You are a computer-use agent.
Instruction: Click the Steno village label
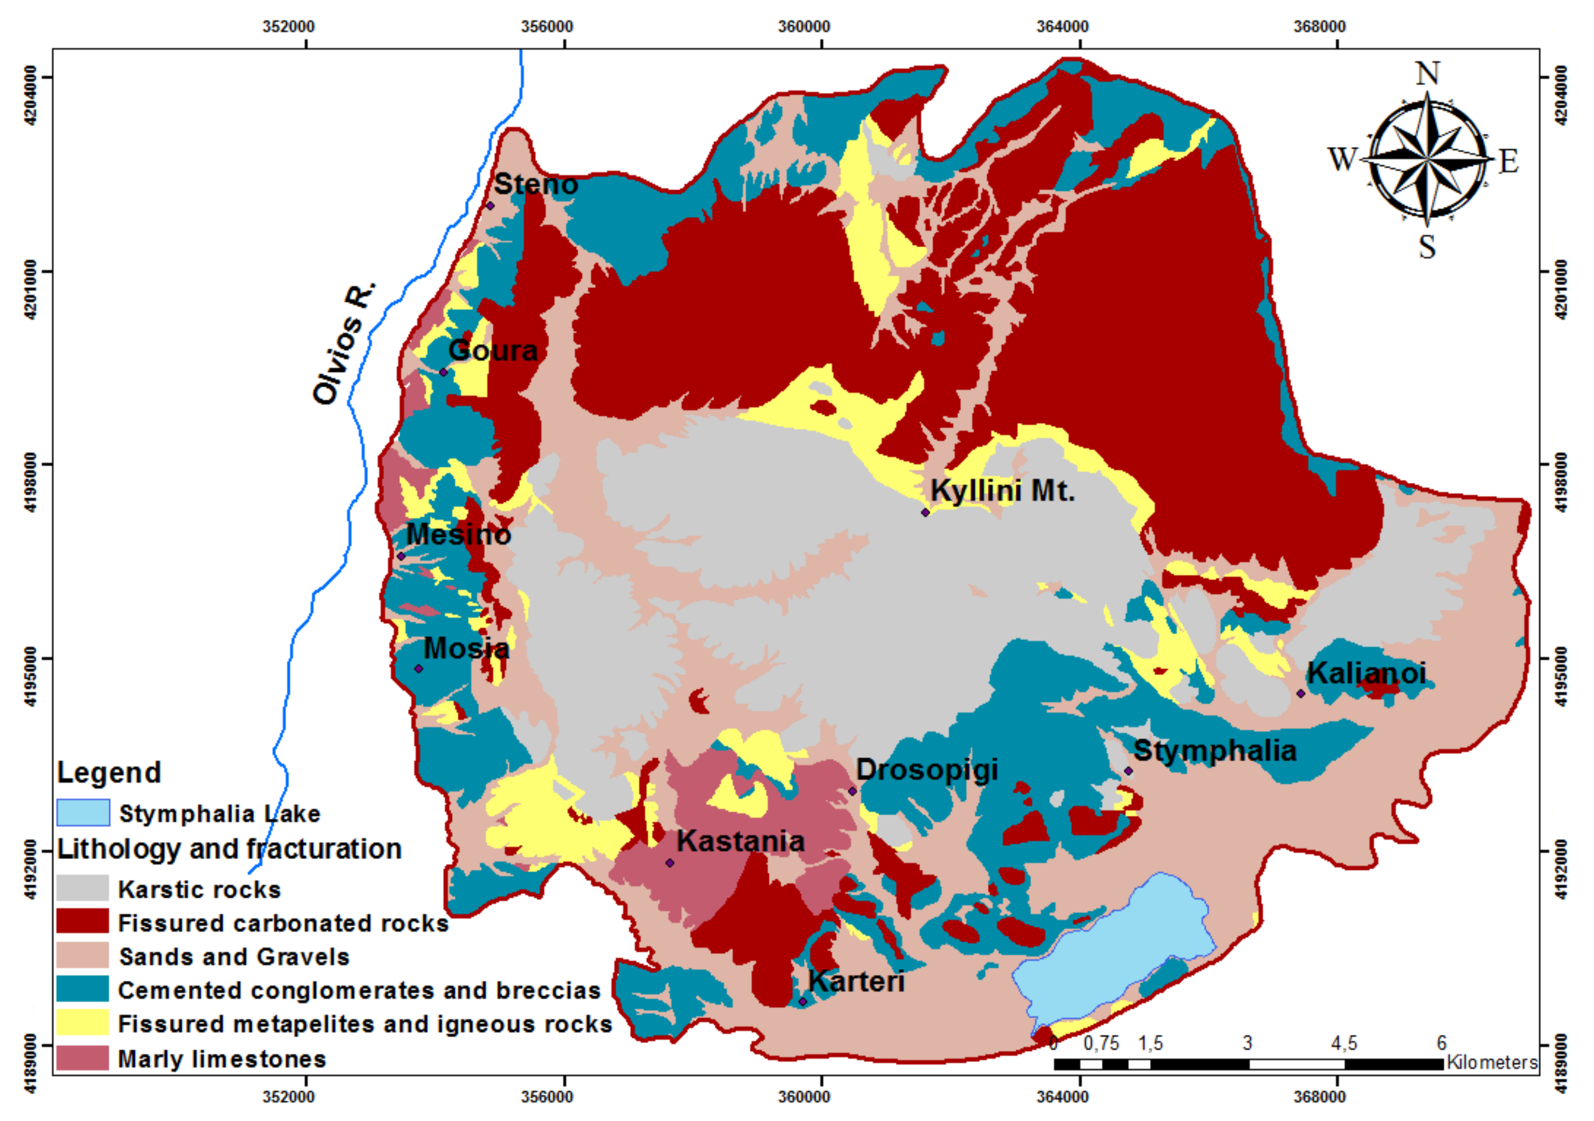(x=535, y=185)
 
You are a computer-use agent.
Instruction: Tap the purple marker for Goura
(x=444, y=372)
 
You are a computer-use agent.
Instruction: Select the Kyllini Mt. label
(x=1002, y=491)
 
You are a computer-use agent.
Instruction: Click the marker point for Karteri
(x=803, y=1001)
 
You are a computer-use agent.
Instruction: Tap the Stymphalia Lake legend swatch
(x=83, y=812)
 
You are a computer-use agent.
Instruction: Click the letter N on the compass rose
(x=1427, y=73)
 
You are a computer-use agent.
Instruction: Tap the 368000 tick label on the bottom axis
(x=1319, y=1097)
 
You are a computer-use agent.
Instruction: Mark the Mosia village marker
(x=418, y=668)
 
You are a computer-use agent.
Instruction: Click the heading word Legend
(x=109, y=772)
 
